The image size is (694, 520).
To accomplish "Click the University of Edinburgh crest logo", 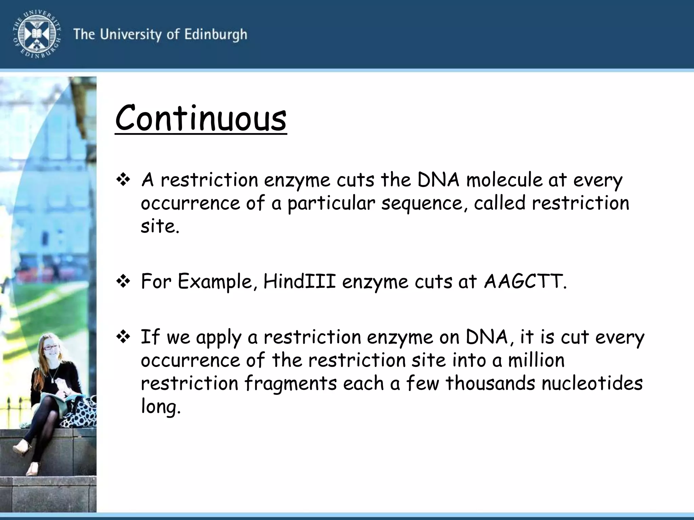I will [37, 34].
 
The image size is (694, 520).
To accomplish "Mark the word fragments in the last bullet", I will [290, 383].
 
